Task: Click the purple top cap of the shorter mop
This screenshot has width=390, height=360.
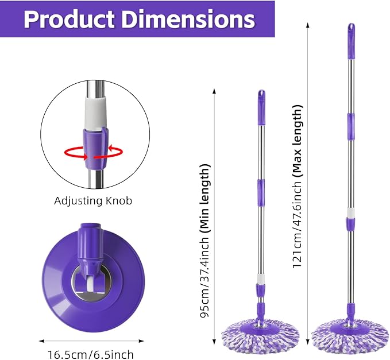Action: coord(261,99)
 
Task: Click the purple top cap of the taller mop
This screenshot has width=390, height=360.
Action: coord(351,33)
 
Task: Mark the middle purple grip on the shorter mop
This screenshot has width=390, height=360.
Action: coord(261,188)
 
